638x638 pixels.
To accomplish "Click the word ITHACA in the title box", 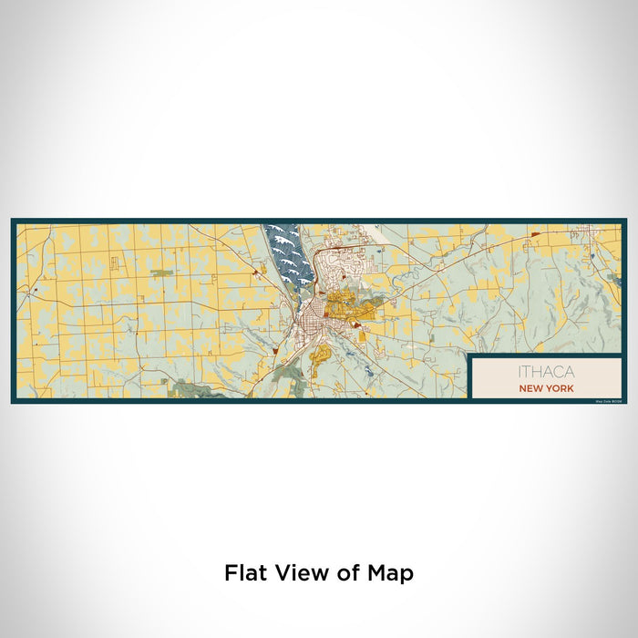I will coord(546,372).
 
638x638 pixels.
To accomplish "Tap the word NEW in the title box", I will coord(531,388).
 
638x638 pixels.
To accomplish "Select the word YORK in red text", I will coord(561,388).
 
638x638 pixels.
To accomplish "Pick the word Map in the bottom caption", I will coord(391,573).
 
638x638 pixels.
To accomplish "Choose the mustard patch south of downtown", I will coord(320,356).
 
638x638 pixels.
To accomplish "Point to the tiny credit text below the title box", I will coord(605,400).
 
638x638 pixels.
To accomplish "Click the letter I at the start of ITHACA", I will coord(520,372).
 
